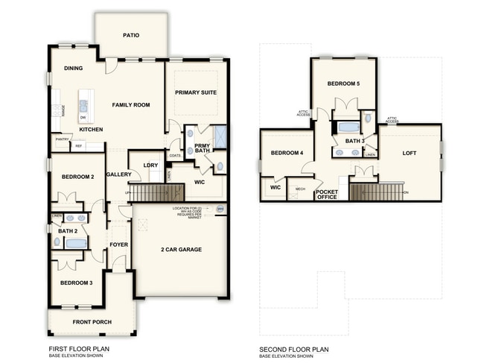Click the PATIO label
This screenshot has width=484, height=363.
click(130, 35)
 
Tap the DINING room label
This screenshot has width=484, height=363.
click(73, 69)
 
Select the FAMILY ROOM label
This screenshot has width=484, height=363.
click(131, 105)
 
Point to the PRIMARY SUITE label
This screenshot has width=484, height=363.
click(194, 92)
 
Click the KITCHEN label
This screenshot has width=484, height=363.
click(91, 130)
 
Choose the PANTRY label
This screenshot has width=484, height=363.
click(62, 139)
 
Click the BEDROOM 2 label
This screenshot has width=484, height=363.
click(77, 177)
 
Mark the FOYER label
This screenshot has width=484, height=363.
click(119, 244)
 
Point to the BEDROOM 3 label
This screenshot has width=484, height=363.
click(77, 282)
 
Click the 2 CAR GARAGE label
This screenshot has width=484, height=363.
click(182, 249)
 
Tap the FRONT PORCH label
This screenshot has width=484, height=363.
click(92, 322)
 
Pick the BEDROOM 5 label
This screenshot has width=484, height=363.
click(343, 83)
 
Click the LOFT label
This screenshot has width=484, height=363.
click(410, 153)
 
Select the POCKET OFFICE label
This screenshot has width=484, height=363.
click(327, 195)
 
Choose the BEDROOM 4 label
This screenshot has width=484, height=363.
click(287, 153)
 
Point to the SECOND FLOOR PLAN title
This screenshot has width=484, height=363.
click(293, 349)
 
